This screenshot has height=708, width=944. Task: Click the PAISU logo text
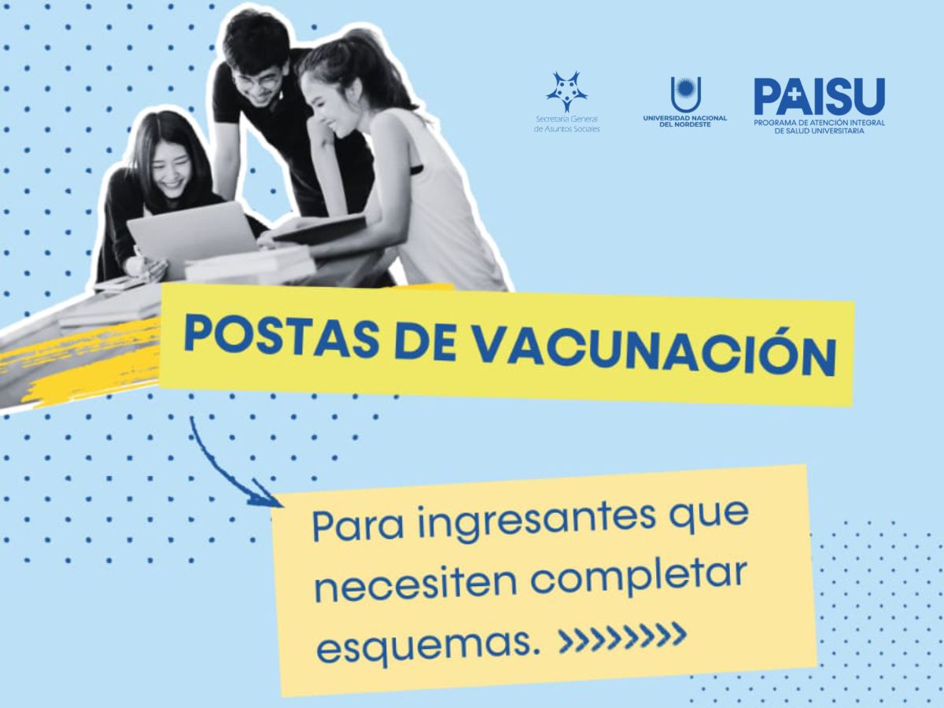point(819,98)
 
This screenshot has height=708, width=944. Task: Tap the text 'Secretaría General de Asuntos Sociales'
point(566,124)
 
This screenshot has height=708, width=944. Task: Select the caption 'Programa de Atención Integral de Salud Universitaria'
point(819,127)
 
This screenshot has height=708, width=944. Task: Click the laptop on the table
point(194,235)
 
